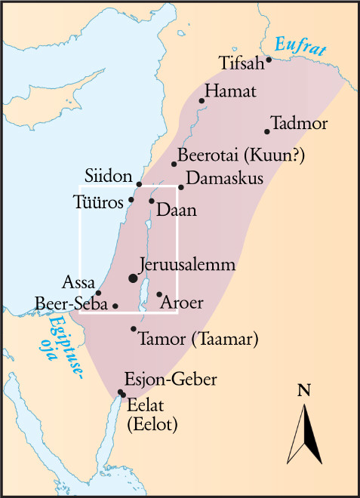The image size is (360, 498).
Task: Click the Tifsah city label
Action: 242,61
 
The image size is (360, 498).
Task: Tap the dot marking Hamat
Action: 202,100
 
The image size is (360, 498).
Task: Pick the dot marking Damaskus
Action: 181,187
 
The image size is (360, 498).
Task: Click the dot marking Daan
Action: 152,201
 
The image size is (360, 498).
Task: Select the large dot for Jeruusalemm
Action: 134,278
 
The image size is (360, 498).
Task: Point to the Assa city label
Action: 80,284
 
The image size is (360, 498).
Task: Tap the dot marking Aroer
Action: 159,294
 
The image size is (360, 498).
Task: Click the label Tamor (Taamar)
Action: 198,339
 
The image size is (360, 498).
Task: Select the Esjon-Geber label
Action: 174,379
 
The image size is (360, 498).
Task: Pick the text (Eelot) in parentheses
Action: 152,425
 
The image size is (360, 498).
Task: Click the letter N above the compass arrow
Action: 304,391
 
